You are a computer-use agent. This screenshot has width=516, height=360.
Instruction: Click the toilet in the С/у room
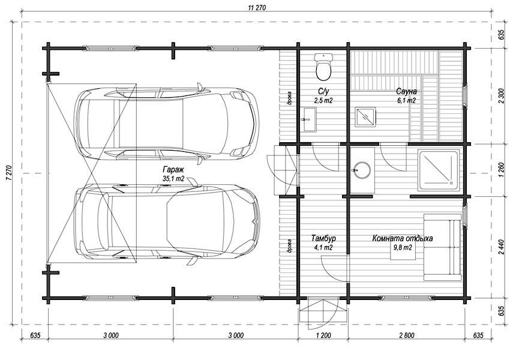pyautogui.click(x=323, y=67)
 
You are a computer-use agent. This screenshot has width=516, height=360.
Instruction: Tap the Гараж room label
pyautogui.click(x=173, y=170)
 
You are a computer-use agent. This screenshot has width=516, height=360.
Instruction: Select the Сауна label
pyautogui.click(x=406, y=91)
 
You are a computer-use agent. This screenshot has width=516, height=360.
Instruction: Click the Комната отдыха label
pyautogui.click(x=402, y=238)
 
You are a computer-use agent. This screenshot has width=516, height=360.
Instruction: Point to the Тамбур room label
pyautogui.click(x=323, y=238)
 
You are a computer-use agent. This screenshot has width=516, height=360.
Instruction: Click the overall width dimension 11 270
pyautogui.click(x=256, y=8)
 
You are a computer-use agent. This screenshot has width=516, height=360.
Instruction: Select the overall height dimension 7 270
pyautogui.click(x=9, y=172)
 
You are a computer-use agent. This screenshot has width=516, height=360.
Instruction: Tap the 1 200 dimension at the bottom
pyautogui.click(x=323, y=335)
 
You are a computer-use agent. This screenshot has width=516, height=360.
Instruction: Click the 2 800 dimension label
pyautogui.click(x=406, y=335)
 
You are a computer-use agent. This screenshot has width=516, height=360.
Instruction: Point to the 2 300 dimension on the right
pyautogui.click(x=501, y=96)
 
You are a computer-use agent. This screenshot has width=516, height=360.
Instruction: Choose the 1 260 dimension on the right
pyautogui.click(x=501, y=170)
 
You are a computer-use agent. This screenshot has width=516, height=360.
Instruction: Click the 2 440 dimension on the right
pyautogui.click(x=501, y=247)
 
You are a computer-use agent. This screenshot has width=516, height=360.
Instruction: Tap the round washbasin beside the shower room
pyautogui.click(x=362, y=170)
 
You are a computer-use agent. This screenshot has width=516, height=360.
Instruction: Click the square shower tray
pyautogui.click(x=439, y=170)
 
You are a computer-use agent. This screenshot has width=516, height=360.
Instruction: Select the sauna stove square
pyautogui.click(x=365, y=117)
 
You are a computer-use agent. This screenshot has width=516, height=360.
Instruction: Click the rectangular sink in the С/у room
pyautogui.click(x=308, y=119)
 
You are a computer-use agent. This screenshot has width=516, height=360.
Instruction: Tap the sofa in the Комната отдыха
pyautogui.click(x=442, y=247)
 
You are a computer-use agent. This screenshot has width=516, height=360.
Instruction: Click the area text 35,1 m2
pyautogui.click(x=173, y=179)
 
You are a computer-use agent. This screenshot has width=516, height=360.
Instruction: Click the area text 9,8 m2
pyautogui.click(x=403, y=247)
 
